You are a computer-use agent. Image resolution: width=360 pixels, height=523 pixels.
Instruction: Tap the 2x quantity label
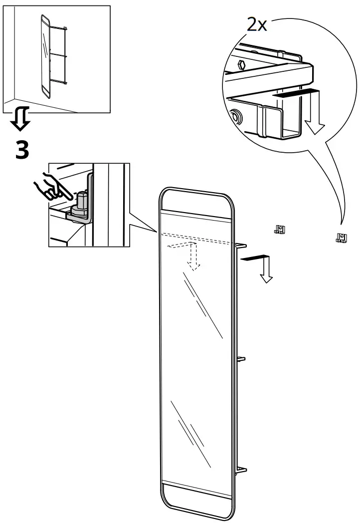click(257, 24)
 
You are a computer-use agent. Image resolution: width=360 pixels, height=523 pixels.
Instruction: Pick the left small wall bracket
click(279, 230)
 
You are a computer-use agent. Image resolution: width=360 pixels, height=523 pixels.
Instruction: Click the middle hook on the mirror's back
click(241, 358)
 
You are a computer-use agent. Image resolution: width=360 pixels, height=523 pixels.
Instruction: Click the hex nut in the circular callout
click(241, 64)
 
